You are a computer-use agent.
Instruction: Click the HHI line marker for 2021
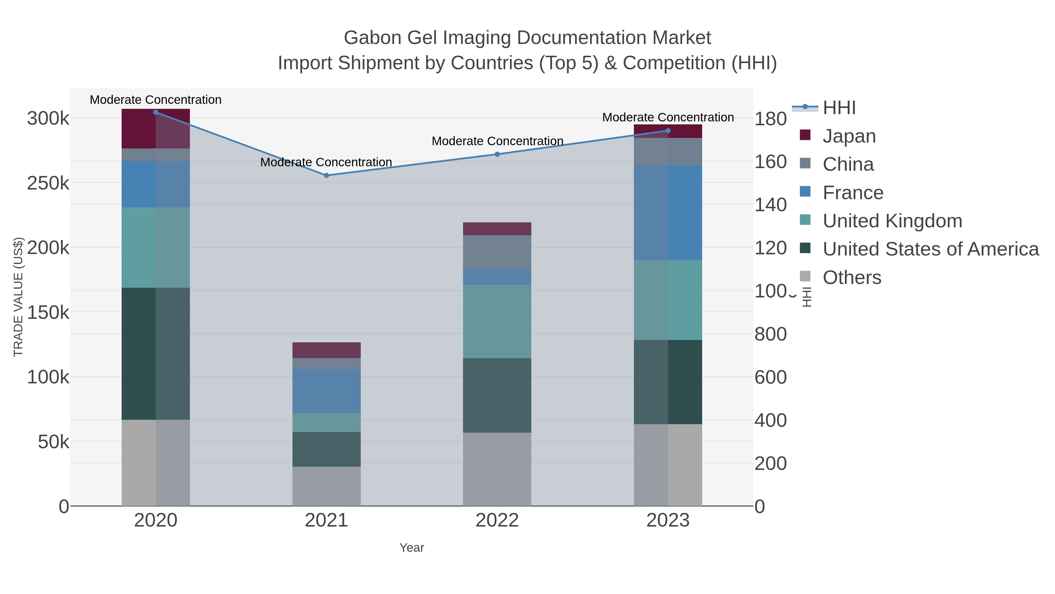pyautogui.click(x=326, y=175)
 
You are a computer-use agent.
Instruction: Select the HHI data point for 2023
pyautogui.click(x=668, y=131)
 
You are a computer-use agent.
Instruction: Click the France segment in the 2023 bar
pyautogui.click(x=668, y=212)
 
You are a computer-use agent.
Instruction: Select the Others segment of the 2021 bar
pyautogui.click(x=326, y=486)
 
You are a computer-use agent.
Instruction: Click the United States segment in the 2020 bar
pyautogui.click(x=156, y=353)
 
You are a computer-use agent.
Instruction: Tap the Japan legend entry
pyautogui.click(x=849, y=136)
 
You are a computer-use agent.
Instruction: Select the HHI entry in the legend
pyautogui.click(x=839, y=108)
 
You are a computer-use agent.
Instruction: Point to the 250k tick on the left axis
pyautogui.click(x=48, y=183)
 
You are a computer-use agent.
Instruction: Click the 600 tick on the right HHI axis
pyautogui.click(x=770, y=377)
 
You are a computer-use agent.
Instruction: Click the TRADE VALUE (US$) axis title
pyautogui.click(x=18, y=297)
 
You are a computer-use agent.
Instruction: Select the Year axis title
pyautogui.click(x=412, y=548)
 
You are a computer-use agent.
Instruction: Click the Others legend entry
pyautogui.click(x=851, y=277)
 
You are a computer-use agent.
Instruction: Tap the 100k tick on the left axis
pyautogui.click(x=48, y=377)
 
